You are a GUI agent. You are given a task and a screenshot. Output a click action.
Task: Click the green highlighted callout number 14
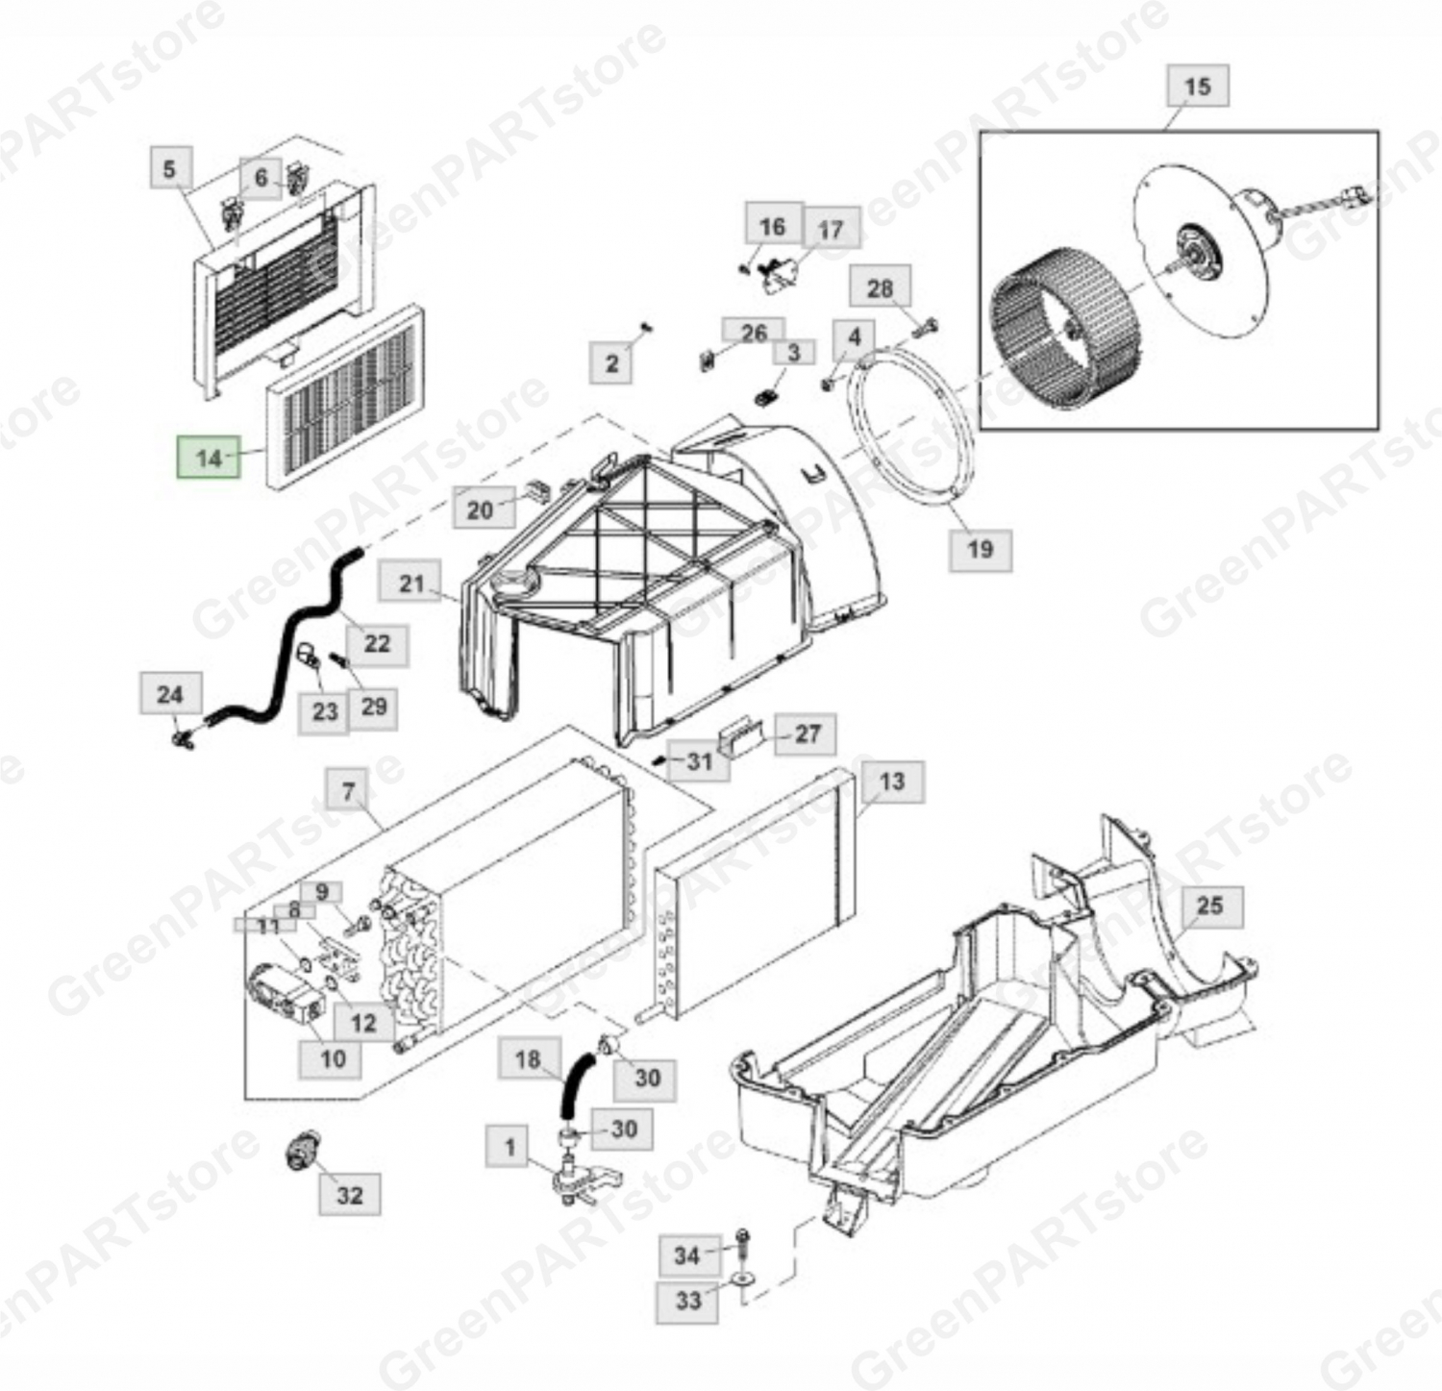209,458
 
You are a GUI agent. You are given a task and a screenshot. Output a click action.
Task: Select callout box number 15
1197,86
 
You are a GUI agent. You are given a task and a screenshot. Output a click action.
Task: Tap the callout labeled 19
980,549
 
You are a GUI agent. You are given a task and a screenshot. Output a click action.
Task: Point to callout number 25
1209,905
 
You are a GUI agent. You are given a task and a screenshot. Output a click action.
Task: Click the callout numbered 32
350,1195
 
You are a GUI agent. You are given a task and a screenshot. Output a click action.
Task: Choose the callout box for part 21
410,583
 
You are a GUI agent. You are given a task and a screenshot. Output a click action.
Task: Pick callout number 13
892,781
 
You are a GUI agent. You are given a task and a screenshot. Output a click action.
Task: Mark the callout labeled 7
348,791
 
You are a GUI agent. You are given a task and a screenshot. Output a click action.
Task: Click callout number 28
880,288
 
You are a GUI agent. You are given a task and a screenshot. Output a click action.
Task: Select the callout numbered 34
686,1254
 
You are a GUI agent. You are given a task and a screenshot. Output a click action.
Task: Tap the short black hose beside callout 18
574,1083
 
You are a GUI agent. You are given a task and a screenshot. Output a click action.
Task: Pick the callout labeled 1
510,1146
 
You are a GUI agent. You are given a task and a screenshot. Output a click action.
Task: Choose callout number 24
169,694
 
